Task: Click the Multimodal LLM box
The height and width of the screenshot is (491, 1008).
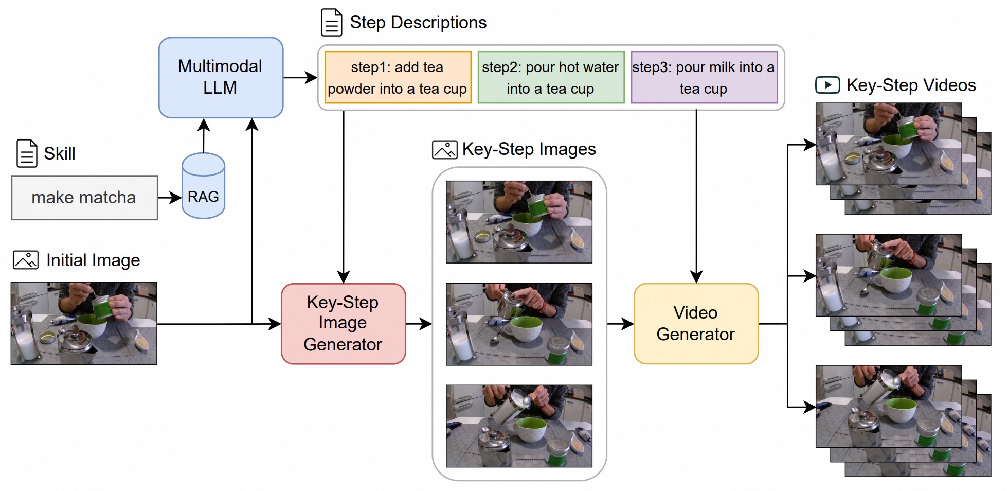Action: (x=221, y=77)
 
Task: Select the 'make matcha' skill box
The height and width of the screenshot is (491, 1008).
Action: (x=84, y=198)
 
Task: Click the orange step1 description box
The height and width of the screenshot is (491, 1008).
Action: (x=398, y=78)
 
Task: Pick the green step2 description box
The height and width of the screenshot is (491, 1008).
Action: (x=551, y=78)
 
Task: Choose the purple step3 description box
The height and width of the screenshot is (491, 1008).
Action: (x=704, y=78)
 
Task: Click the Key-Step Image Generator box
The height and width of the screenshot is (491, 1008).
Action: (x=343, y=324)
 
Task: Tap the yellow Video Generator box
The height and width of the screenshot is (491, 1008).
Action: (x=696, y=324)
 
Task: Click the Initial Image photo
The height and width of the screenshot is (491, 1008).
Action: (x=84, y=323)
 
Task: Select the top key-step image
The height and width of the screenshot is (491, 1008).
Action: (x=518, y=222)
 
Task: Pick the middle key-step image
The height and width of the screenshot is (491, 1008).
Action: (x=518, y=324)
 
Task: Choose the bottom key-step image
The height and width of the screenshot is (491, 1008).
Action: (x=518, y=426)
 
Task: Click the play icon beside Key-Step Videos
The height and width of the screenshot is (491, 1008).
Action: (x=827, y=85)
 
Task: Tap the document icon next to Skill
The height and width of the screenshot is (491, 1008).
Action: (x=27, y=153)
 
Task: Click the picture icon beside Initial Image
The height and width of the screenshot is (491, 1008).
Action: (x=25, y=260)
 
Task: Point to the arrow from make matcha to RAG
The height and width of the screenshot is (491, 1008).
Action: (x=170, y=197)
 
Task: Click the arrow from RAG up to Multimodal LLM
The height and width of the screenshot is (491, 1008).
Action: (x=204, y=136)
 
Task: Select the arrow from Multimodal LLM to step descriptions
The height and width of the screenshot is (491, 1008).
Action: (x=300, y=78)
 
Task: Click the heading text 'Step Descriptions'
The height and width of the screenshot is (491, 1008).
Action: (x=418, y=23)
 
